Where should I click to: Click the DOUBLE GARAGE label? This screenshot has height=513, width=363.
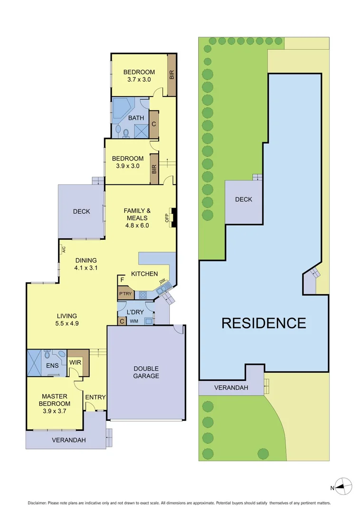146,372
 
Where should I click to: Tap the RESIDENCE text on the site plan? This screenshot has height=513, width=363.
264,323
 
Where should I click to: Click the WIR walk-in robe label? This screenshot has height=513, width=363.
75,362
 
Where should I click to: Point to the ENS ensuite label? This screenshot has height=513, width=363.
52,366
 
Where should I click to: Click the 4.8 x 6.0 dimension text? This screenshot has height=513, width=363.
137,226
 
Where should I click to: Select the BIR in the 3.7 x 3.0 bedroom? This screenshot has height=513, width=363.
172,75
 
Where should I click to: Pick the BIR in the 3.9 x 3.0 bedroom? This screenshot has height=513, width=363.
154,169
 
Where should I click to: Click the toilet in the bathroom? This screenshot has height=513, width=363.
125,134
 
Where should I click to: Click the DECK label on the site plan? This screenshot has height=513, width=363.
244,199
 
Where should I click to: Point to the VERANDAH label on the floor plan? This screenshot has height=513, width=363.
69,440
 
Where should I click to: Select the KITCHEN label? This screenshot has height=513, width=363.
144,274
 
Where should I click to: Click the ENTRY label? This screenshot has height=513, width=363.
96,398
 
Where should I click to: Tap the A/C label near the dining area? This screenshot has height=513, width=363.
63,248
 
